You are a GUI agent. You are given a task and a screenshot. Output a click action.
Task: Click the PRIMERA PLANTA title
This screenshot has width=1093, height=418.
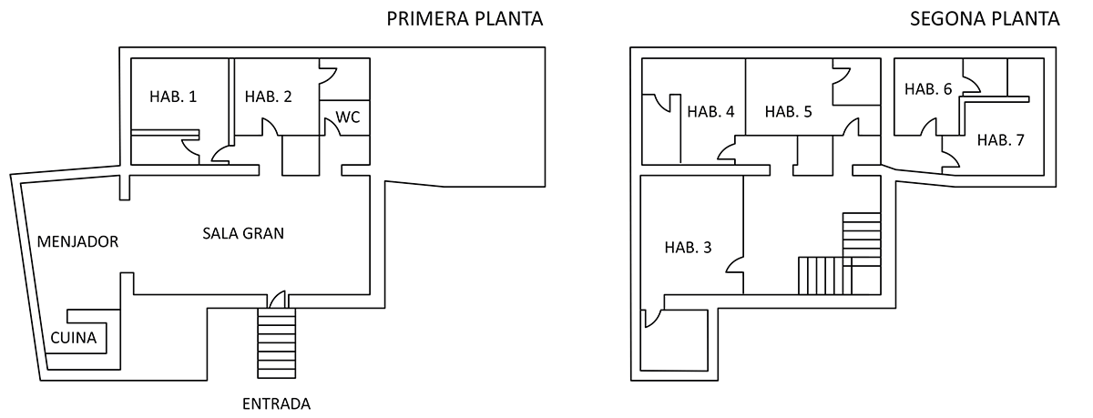click(x=465, y=19)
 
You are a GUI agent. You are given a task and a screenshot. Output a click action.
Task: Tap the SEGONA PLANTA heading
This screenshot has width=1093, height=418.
click(x=985, y=19)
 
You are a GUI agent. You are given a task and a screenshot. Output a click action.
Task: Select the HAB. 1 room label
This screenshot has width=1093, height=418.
click(x=173, y=97)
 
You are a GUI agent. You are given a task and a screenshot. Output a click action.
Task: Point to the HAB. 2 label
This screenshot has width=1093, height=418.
click(x=269, y=97)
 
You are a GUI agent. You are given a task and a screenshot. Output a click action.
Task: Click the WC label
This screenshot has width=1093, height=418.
click(x=348, y=117)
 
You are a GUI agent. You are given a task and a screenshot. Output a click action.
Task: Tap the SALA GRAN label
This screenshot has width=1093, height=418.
click(x=243, y=233)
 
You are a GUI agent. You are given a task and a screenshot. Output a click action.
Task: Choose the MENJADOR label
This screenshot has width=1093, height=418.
click(x=78, y=241)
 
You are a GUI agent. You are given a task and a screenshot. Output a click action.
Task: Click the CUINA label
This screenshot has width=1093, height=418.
click(x=74, y=338)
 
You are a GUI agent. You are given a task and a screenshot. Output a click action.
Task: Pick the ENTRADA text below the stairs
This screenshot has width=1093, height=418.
click(x=277, y=403)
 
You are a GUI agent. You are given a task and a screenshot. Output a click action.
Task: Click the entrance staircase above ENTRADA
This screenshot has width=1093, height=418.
click(x=277, y=343)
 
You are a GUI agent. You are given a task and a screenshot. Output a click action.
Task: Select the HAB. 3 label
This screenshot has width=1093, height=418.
click(x=688, y=248)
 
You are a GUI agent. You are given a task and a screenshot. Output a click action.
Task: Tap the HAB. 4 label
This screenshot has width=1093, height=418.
click(x=711, y=112)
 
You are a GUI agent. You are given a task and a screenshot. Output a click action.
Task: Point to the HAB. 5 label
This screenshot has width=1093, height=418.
click(x=789, y=112)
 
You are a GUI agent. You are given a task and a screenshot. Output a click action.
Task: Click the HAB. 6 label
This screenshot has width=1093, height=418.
click(x=928, y=89)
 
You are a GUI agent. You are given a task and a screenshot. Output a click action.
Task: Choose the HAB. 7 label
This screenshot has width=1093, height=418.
click(x=1001, y=140)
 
